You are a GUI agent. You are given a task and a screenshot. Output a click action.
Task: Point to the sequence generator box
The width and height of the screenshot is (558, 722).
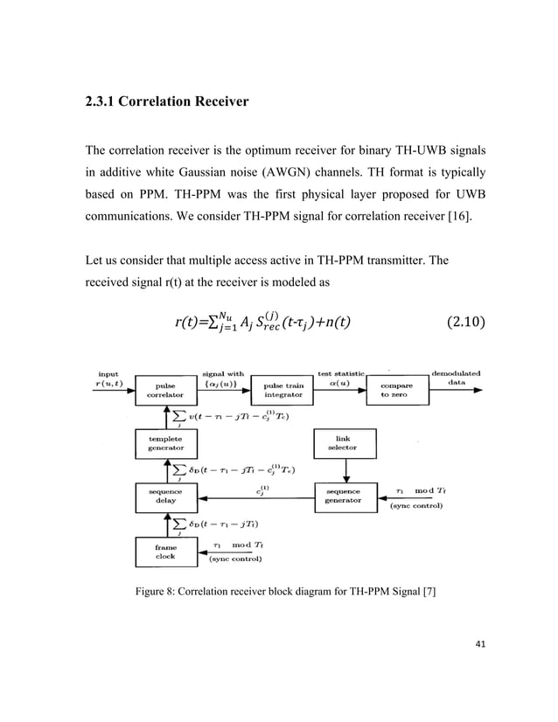[344, 496]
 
